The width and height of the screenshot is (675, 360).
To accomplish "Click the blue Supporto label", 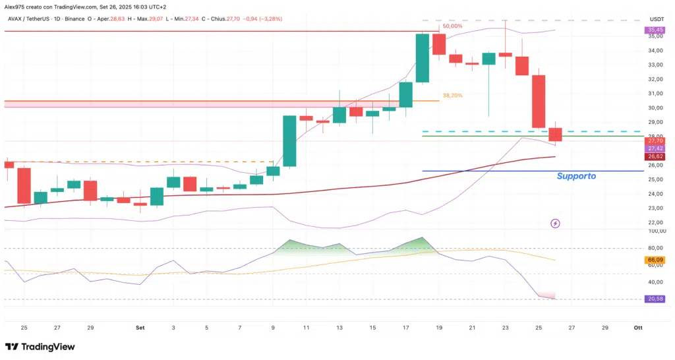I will (x=576, y=177).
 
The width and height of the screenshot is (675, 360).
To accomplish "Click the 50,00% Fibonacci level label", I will (x=452, y=26).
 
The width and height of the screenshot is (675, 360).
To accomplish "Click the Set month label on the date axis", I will (x=140, y=327).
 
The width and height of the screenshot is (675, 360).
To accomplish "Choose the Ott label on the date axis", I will (x=637, y=327).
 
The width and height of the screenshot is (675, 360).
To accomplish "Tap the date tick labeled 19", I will (x=439, y=327).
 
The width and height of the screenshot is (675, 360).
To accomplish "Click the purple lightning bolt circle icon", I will (x=555, y=224).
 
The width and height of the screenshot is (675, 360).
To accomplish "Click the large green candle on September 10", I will (x=289, y=140).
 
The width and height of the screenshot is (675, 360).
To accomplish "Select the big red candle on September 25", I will (x=539, y=102).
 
